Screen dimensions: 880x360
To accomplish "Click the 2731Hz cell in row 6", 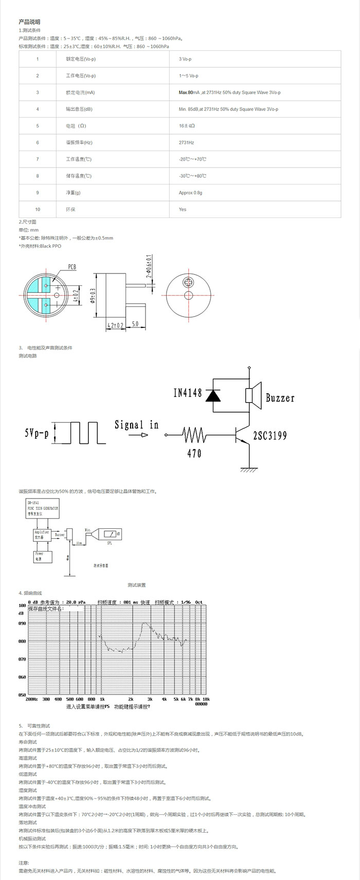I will (186, 142).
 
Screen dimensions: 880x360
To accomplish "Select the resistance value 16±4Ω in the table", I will (187, 126).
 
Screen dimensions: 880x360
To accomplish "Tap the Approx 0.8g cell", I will (190, 193).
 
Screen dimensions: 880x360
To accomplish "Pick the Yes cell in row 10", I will (183, 209).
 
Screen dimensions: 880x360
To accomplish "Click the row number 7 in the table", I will (38, 159).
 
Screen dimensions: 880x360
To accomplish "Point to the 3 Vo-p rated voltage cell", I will (185, 59).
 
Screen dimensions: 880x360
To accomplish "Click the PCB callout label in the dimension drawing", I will (71, 267).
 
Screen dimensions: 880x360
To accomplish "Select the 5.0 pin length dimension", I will (135, 324).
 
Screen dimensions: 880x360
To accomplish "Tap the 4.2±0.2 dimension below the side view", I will (115, 325).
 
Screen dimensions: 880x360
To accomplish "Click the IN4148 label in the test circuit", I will (188, 393).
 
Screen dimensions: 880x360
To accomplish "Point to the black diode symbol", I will (212, 395).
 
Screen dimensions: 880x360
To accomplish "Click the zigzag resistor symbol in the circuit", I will (194, 435).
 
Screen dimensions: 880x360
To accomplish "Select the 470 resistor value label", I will (194, 453).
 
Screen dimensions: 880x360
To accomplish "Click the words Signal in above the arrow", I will (136, 425).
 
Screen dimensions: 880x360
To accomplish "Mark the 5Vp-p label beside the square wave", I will (36, 433).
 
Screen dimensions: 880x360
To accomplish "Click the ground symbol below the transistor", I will (249, 467).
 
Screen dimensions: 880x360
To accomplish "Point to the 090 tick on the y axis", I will (22, 624).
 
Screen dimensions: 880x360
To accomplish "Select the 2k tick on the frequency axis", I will (131, 699).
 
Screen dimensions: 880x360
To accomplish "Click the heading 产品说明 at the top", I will (29, 22).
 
